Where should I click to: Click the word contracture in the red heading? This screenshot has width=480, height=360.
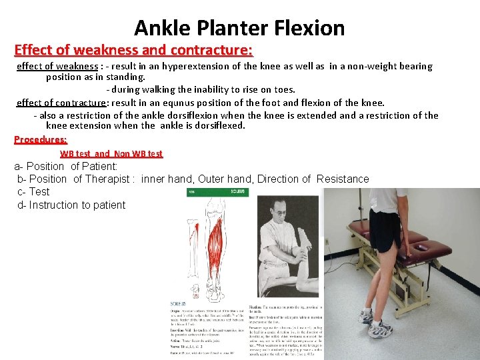211,50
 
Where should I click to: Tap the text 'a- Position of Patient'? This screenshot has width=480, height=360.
66,166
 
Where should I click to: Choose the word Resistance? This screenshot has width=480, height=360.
343,179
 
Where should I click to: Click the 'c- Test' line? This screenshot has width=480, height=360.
33,191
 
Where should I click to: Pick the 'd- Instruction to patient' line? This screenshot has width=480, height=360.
71,205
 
